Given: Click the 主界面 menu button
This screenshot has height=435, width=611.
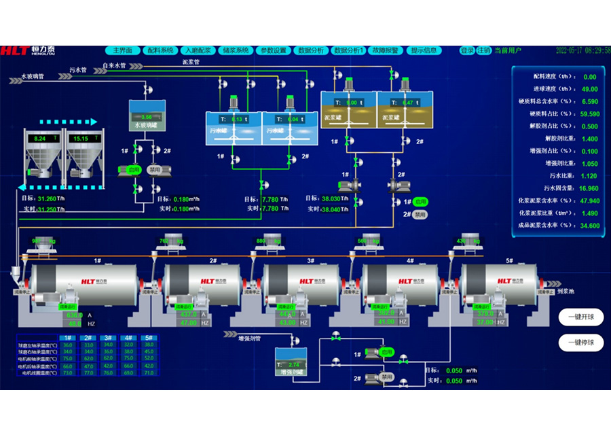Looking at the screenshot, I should (x=122, y=50).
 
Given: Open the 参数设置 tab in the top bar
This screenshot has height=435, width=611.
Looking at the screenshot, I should (x=274, y=50).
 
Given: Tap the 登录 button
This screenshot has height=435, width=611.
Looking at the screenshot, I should (x=467, y=50).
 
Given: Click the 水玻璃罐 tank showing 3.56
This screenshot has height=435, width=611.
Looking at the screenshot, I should (x=148, y=115).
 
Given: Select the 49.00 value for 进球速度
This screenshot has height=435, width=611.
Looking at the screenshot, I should (x=589, y=89).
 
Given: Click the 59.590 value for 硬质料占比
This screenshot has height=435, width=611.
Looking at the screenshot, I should (x=589, y=114).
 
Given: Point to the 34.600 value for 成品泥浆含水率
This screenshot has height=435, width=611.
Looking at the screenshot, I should (x=589, y=226).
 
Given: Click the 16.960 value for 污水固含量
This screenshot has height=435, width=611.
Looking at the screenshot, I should (x=589, y=188).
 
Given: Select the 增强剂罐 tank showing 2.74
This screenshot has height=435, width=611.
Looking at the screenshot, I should (x=291, y=362).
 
